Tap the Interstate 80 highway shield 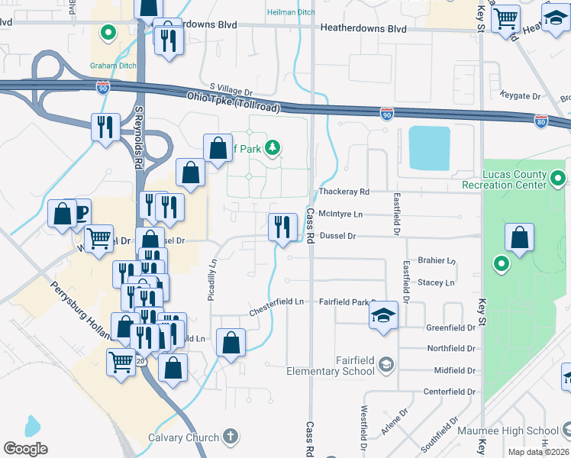[x=540, y=120]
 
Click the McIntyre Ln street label [x=340, y=214]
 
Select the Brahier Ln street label [x=437, y=261]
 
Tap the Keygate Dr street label [x=519, y=97]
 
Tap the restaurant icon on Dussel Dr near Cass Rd [x=282, y=227]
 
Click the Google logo [x=25, y=449]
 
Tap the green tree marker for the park [x=272, y=148]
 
